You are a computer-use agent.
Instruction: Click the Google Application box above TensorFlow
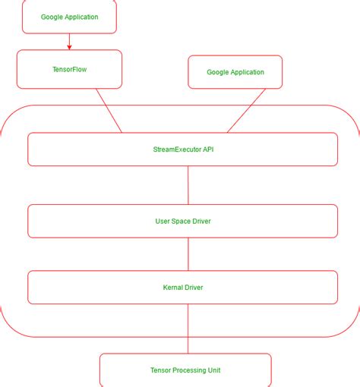(x=69, y=17)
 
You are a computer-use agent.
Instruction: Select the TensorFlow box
(x=69, y=69)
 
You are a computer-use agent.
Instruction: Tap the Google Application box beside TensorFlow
(x=235, y=73)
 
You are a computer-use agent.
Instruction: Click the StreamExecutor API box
(x=182, y=149)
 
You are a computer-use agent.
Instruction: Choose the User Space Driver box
(x=182, y=221)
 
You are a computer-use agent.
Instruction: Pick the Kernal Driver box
(x=182, y=288)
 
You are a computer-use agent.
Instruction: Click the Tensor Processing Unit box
(x=185, y=370)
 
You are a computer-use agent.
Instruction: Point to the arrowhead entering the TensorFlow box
(x=69, y=47)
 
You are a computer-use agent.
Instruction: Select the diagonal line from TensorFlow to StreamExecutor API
(x=109, y=111)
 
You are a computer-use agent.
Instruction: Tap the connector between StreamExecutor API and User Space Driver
(x=188, y=185)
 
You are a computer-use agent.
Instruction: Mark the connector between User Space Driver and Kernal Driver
(x=188, y=254)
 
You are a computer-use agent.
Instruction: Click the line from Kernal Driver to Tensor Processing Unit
(x=188, y=329)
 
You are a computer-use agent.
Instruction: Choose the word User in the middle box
(x=163, y=221)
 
